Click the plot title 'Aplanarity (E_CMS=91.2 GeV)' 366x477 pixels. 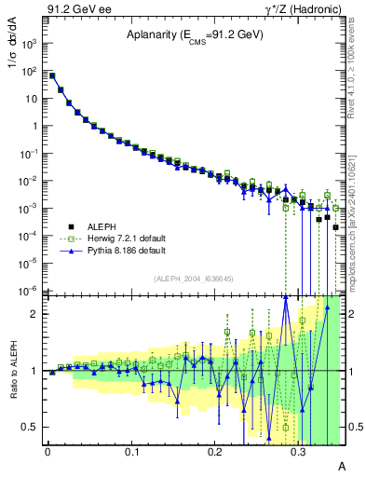tap(195, 35)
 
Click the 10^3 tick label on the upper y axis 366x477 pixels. tap(31, 44)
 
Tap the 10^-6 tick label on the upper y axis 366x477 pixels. tap(31, 291)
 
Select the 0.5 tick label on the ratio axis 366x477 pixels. tap(30, 428)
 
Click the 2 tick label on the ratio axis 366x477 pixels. tap(34, 314)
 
